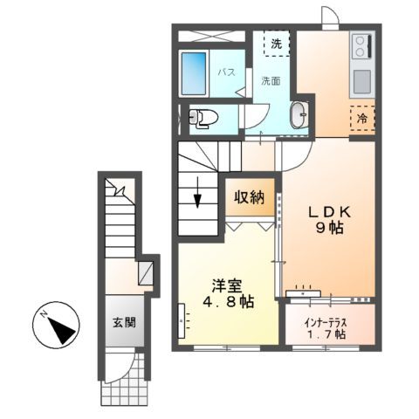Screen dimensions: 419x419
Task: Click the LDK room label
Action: coord(328,211)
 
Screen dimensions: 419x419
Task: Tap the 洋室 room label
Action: coord(224,285)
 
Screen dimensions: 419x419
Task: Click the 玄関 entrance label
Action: coord(123,321)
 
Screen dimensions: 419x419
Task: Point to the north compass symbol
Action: coord(58,329)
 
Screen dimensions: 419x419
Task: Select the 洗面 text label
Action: coord(271,81)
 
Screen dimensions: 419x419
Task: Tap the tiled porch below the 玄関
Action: coord(123,389)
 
